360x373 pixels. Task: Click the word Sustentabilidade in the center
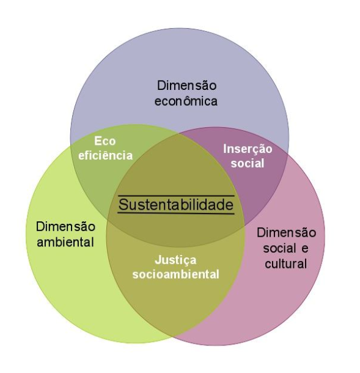176,205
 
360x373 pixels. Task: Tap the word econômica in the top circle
186,101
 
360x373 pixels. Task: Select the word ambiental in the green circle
65,242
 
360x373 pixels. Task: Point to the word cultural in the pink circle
286,264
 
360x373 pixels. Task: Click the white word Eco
105,141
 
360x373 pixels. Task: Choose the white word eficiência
105,155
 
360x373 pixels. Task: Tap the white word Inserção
248,150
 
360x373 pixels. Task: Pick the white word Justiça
175,260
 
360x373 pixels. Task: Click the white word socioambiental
175,275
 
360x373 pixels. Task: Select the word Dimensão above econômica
186,86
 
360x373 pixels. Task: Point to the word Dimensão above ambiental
65,226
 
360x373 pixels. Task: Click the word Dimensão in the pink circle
286,232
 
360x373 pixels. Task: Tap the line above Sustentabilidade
176,196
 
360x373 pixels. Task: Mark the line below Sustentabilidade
176,213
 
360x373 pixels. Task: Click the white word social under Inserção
248,163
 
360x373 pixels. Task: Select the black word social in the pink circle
279,248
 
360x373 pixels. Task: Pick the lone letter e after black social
304,249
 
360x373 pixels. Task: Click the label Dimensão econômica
186,93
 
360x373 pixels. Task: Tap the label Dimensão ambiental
65,234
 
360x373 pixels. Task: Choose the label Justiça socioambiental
175,267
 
